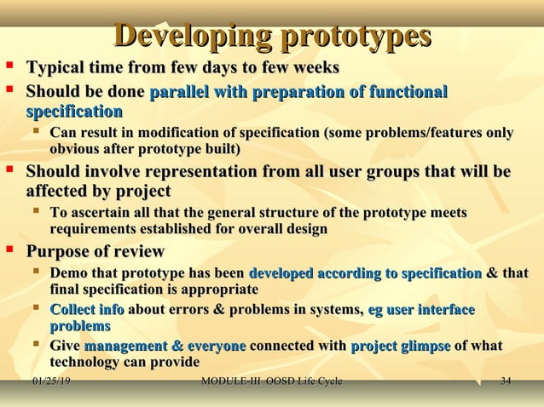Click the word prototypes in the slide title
[356, 37]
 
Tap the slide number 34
[505, 381]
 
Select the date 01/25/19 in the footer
[50, 381]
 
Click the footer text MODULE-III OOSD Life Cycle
[270, 381]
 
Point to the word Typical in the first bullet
[56, 68]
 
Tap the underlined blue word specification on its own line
[74, 112]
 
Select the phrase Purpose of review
[95, 251]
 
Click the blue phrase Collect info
[87, 310]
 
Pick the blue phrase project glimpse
[400, 346]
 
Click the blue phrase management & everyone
[165, 346]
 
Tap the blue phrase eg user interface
[420, 310]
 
